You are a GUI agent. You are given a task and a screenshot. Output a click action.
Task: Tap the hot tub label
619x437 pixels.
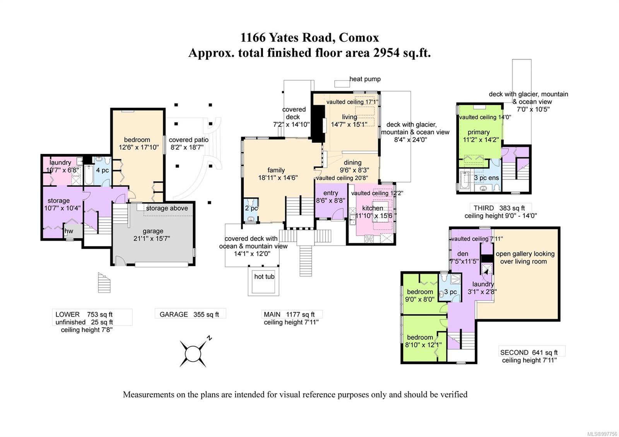click(264, 277)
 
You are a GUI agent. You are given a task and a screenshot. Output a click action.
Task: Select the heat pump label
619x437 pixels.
click(365, 79)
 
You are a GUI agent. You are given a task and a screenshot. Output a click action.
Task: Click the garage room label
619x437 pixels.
click(153, 231)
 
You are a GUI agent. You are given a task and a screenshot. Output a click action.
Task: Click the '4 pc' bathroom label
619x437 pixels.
click(102, 170)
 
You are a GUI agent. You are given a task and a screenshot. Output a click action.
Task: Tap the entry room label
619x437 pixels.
click(330, 193)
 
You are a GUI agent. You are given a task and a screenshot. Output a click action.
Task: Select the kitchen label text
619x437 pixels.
click(373, 208)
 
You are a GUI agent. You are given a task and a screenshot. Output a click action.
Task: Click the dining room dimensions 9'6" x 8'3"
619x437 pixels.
click(354, 170)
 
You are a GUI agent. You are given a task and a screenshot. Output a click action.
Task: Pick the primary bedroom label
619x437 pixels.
click(479, 132)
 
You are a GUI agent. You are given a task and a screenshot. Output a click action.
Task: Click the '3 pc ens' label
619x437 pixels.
click(486, 178)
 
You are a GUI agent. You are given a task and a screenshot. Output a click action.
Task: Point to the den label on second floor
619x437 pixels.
click(463, 254)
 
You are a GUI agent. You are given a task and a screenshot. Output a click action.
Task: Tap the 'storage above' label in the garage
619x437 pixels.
click(167, 208)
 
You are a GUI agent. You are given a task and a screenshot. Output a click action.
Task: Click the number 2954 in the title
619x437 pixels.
click(386, 53)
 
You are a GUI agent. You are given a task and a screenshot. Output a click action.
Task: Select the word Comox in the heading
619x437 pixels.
click(359, 37)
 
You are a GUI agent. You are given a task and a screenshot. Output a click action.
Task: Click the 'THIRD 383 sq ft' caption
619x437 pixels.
click(499, 208)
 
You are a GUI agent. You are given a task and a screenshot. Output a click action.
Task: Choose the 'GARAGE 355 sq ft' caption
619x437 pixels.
click(189, 314)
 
